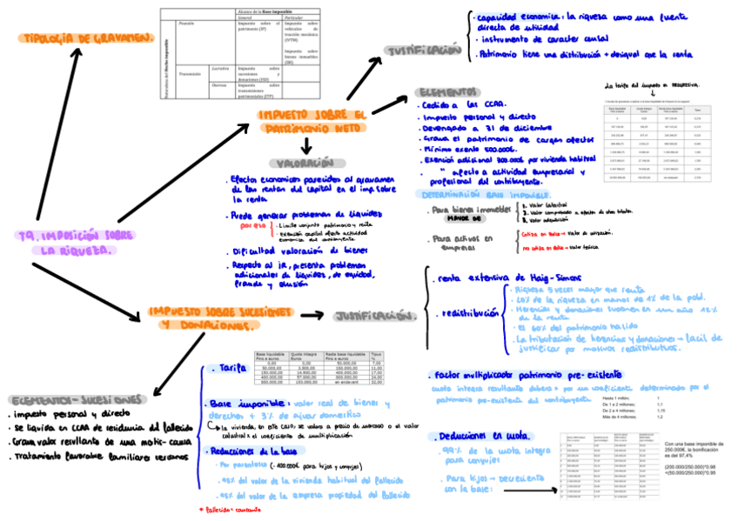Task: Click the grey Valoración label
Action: coord(305,163)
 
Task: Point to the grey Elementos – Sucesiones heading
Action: coord(77,399)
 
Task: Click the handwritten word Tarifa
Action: coord(234,370)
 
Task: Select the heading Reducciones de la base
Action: coord(252,452)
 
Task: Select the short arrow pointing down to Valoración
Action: coord(306,145)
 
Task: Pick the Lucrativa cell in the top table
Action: coord(219,68)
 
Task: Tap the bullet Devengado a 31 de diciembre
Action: coord(474,127)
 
